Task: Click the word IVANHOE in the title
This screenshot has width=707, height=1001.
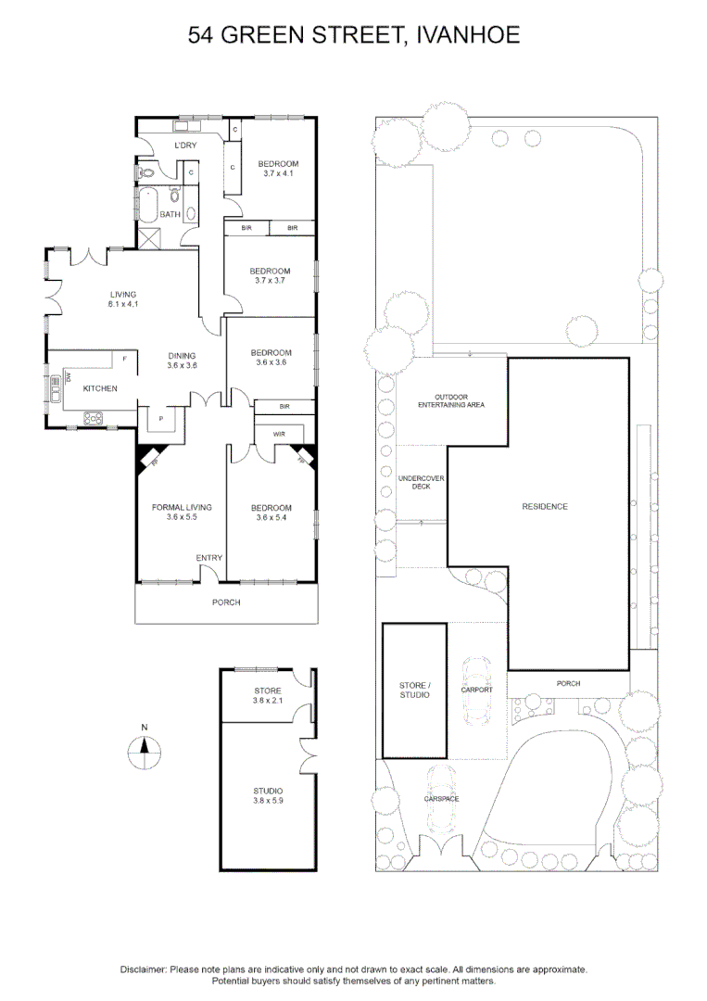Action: point(468,34)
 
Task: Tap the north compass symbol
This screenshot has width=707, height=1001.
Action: point(145,750)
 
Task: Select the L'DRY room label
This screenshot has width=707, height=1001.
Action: point(185,146)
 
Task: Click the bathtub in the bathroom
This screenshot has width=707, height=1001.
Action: point(146,204)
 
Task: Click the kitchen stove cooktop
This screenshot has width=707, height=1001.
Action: point(94,418)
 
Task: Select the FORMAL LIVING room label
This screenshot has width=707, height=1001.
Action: point(182,508)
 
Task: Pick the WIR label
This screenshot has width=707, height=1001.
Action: point(279,434)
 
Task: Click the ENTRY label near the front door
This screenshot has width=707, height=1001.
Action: point(209,558)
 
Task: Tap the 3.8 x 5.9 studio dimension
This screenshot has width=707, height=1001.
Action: point(268,801)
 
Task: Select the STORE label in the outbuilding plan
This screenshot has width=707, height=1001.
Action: point(268,691)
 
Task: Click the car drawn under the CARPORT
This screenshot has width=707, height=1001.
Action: point(477,691)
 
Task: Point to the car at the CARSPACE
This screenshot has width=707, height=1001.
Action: point(442,799)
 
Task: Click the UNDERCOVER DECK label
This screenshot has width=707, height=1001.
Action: point(421,483)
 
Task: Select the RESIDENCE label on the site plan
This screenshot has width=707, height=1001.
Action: point(545,507)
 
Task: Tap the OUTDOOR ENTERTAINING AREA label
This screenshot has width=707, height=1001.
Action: point(451,401)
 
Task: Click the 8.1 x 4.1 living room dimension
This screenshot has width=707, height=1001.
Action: point(123,305)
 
